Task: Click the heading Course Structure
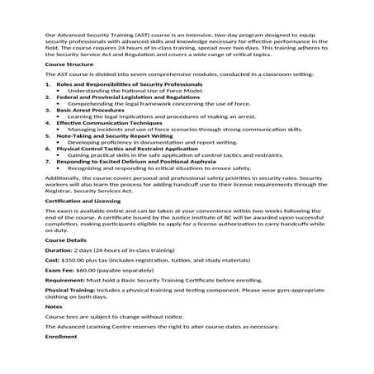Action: click(69, 63)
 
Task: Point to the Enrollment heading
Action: click(61, 337)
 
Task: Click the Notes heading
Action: click(53, 306)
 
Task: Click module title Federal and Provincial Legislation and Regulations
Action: click(122, 97)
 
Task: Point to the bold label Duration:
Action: click(59, 249)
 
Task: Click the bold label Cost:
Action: click(53, 260)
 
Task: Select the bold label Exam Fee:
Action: click(60, 271)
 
